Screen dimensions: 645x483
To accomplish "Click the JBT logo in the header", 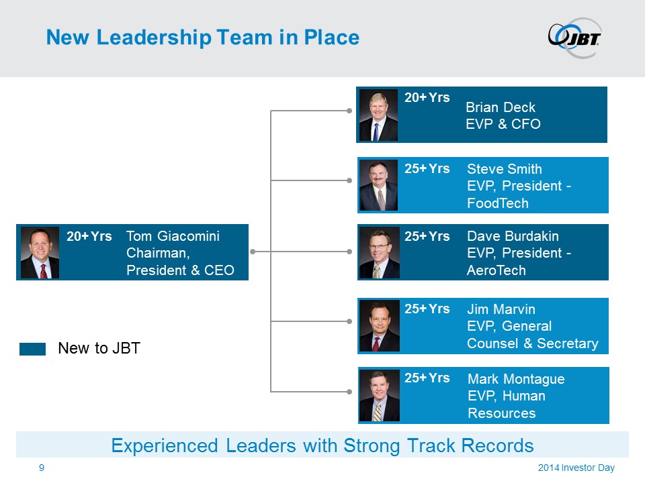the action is point(574,38).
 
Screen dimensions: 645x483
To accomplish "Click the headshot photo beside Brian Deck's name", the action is point(378,115).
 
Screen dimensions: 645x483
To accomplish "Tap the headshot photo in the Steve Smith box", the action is point(378,185).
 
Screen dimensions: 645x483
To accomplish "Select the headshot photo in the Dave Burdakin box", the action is point(379,253).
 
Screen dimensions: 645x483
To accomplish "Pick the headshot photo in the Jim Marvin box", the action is point(379,326).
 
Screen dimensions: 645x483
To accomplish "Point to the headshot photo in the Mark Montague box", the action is point(379,396).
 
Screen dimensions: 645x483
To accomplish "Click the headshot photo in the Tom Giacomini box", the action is point(40,253).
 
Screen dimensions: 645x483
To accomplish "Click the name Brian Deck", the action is point(500,107).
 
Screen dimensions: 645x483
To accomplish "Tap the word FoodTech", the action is point(498,203).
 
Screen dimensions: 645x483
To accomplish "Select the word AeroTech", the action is point(496,270).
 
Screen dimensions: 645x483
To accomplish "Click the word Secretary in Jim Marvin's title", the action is point(567,343).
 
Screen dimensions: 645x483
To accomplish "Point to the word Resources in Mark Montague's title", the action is point(501,413).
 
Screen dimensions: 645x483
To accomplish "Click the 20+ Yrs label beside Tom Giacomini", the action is point(89,236).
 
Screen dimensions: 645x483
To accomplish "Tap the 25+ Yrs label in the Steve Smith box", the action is point(427,168).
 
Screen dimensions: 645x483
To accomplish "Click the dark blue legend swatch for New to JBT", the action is point(32,349).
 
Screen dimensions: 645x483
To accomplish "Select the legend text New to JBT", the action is point(99,348).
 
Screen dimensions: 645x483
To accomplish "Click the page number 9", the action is point(42,468).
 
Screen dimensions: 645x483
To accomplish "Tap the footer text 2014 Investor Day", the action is point(576,468).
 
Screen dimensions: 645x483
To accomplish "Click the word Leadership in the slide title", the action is point(154,38).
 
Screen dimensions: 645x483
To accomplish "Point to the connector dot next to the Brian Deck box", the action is point(349,111).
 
